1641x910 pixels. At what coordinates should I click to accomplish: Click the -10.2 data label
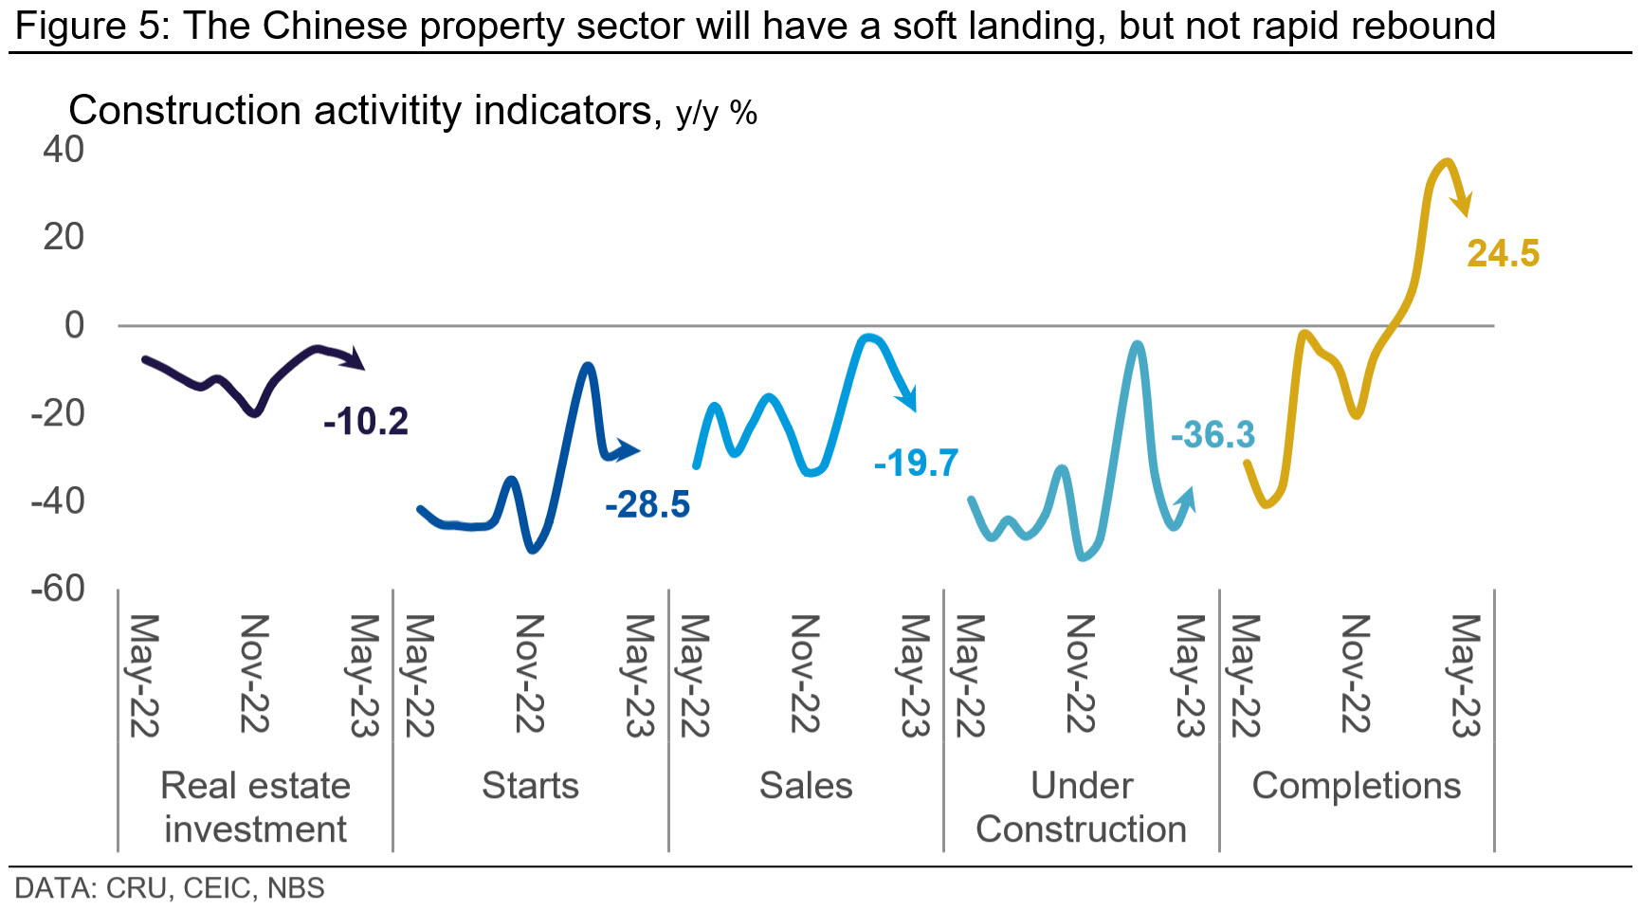point(366,421)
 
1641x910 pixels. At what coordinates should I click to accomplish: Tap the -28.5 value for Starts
point(647,504)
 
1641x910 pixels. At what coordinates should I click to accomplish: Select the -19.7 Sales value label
point(916,463)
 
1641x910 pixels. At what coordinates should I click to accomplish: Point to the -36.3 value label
point(1213,435)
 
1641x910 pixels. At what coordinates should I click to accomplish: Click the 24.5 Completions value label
point(1503,254)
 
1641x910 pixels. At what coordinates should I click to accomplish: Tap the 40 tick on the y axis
point(64,150)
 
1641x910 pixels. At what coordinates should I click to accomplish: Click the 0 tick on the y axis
point(74,325)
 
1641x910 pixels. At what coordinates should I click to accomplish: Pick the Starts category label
point(530,786)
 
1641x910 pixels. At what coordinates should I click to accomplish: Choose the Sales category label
point(806,786)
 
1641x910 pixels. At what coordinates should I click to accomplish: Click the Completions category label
point(1357,786)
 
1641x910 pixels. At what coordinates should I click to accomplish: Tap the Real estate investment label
point(255,807)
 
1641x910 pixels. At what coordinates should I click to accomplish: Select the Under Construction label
point(1081,807)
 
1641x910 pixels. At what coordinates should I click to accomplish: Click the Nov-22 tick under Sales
point(805,674)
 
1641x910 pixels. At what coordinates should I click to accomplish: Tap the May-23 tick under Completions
point(1466,676)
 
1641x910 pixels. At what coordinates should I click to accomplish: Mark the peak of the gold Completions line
point(1445,162)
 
